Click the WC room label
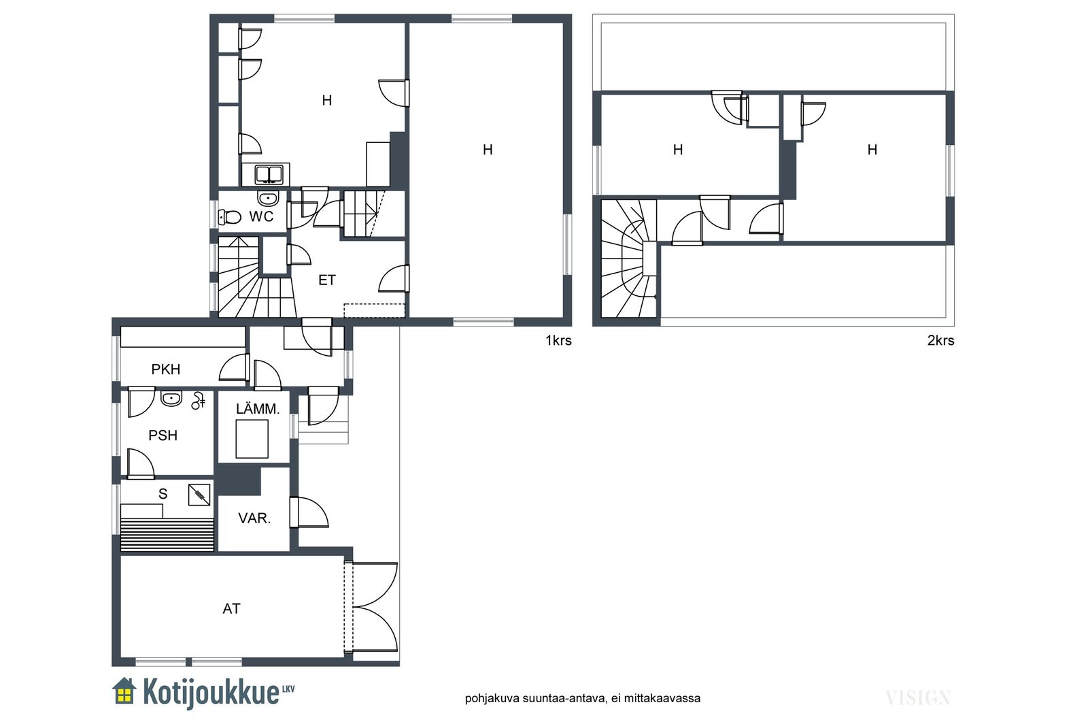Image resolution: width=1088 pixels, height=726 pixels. pyautogui.click(x=261, y=216)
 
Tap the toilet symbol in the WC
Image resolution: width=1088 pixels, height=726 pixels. pyautogui.click(x=230, y=217)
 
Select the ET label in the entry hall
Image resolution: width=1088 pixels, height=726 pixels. pyautogui.click(x=327, y=280)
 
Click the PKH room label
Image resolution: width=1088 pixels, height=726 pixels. pyautogui.click(x=166, y=369)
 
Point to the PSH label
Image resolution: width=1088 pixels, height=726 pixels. pyautogui.click(x=163, y=435)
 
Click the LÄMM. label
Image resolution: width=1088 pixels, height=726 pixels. pyautogui.click(x=258, y=409)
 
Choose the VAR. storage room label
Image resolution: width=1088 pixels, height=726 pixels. pyautogui.click(x=254, y=518)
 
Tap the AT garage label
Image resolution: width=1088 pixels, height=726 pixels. pyautogui.click(x=231, y=608)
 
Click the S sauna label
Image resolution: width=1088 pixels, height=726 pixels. pyautogui.click(x=163, y=494)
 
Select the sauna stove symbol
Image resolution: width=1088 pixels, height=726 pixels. pyautogui.click(x=199, y=495)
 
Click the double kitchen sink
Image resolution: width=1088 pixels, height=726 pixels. pyautogui.click(x=269, y=175)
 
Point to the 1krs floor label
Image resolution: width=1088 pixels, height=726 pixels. pyautogui.click(x=558, y=341)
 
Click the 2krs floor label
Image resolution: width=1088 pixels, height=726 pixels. pyautogui.click(x=941, y=341)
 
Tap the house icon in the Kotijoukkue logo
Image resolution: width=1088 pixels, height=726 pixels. pyautogui.click(x=124, y=691)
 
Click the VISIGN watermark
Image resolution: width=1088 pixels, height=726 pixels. pyautogui.click(x=917, y=698)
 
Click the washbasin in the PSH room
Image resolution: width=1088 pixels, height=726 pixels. pyautogui.click(x=171, y=398)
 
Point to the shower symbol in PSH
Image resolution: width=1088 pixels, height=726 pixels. pyautogui.click(x=198, y=400)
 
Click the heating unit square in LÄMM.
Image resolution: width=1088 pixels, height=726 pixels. pyautogui.click(x=252, y=439)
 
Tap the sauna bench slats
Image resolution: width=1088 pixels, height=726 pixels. pyautogui.click(x=167, y=535)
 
